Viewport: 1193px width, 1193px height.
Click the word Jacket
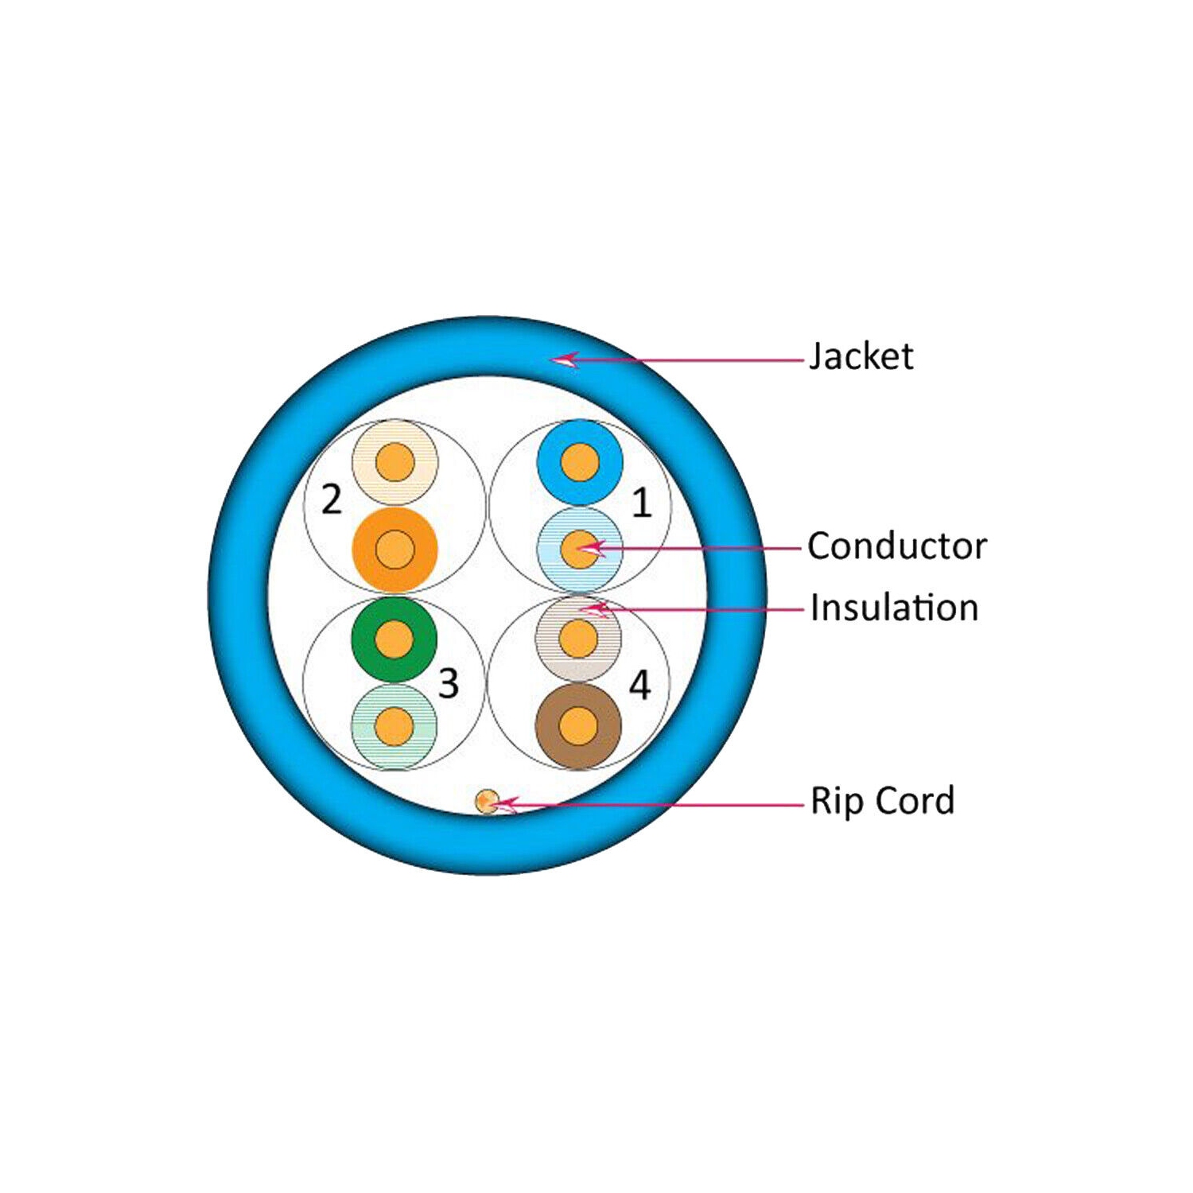click(x=861, y=356)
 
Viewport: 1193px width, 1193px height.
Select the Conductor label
click(x=896, y=546)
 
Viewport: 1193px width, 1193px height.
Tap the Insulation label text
click(x=894, y=608)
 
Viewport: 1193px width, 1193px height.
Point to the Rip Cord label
click(x=882, y=801)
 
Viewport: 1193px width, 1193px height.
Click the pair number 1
click(x=641, y=503)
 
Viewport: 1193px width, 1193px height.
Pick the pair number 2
click(x=331, y=499)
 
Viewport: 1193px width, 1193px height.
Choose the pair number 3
click(x=449, y=683)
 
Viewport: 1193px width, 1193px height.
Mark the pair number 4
click(x=639, y=685)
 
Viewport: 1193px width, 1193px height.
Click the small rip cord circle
click(x=486, y=801)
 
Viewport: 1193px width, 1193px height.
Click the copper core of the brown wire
click(x=578, y=726)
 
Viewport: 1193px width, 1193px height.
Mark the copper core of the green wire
click(x=394, y=639)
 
